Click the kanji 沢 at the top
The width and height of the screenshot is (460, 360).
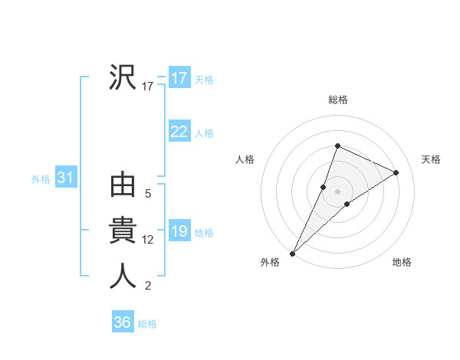point(123,77)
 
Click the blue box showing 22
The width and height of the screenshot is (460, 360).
point(179,132)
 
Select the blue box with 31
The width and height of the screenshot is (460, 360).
point(65,178)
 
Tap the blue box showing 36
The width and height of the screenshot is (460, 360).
point(122,322)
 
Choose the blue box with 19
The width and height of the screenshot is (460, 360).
point(179,231)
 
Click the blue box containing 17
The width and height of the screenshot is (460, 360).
point(179,77)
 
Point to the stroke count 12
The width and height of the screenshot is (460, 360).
point(148,240)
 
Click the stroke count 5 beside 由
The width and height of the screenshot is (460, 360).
point(148,195)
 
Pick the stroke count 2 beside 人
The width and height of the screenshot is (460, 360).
point(148,286)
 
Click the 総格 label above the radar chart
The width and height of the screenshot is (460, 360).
point(337,100)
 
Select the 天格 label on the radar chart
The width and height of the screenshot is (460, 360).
point(431,159)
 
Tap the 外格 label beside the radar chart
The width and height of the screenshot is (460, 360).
point(270,262)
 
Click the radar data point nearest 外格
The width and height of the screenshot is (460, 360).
point(293,253)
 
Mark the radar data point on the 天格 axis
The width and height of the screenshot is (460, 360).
point(396,172)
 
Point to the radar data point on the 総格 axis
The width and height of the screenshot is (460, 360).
point(337,146)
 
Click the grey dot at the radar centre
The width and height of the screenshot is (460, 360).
point(337,191)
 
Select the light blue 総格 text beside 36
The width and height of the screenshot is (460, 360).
point(147,323)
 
